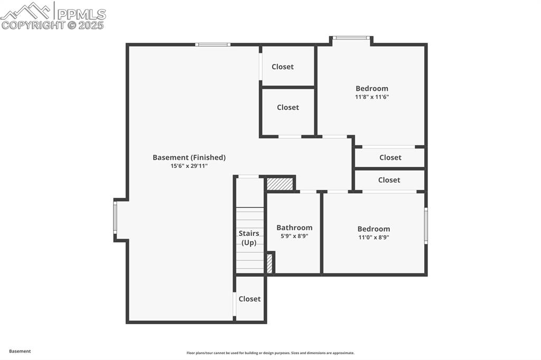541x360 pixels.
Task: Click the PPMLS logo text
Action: (80, 13)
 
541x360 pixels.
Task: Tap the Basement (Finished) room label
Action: (189, 157)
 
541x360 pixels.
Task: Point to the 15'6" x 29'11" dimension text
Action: (189, 166)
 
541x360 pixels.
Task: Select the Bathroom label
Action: (294, 228)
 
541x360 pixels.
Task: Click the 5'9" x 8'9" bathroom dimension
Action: (294, 236)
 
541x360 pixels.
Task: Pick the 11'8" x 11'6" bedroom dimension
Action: (372, 97)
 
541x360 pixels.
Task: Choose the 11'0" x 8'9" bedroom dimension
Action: (374, 238)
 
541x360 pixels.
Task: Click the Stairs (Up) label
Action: (249, 238)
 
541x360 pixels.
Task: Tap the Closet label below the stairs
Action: (249, 299)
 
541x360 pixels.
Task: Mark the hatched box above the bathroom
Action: (279, 184)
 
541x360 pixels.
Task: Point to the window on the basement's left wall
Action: (115, 218)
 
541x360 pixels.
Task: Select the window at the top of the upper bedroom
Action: (351, 37)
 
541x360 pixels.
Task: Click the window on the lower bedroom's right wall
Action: (426, 225)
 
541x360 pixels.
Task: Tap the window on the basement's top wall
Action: (212, 44)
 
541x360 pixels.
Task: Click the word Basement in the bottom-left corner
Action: (20, 351)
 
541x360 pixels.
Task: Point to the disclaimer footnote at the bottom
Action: (270, 353)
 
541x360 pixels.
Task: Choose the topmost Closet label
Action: (283, 67)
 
